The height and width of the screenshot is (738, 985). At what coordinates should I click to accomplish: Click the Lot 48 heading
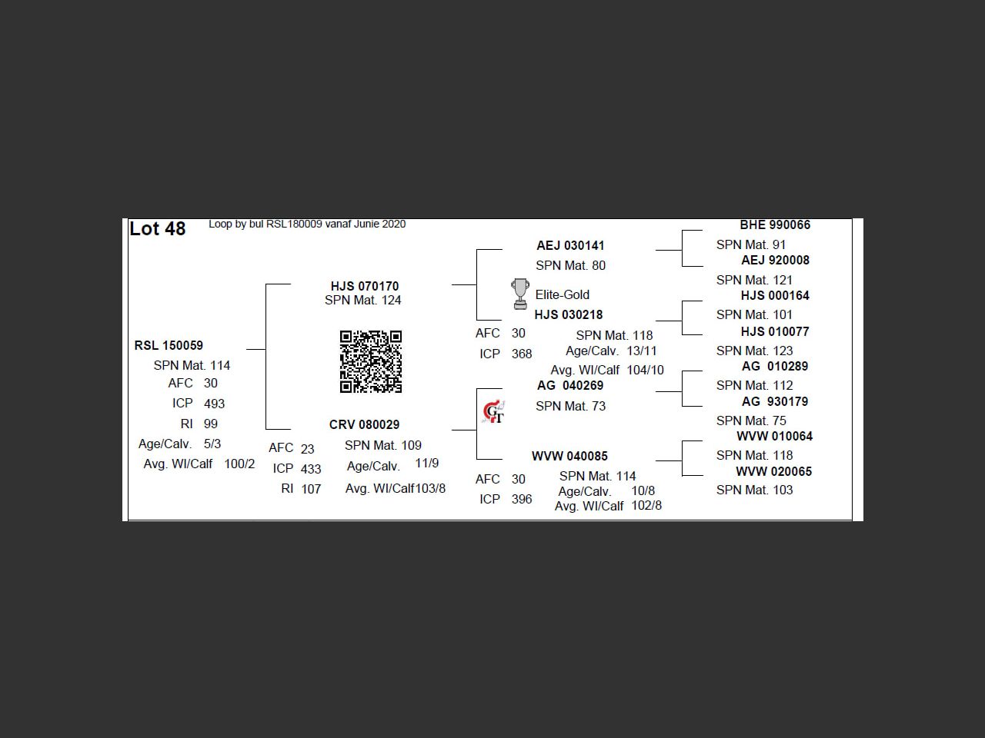click(x=158, y=229)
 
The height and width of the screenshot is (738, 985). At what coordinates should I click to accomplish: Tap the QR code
click(x=371, y=361)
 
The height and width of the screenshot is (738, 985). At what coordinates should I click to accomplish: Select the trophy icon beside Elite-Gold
click(x=520, y=294)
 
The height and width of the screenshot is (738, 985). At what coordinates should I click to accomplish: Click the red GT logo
click(x=493, y=411)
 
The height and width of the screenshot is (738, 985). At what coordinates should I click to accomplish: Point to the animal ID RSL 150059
click(x=169, y=345)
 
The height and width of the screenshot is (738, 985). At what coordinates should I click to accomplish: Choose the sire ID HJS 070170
click(x=365, y=286)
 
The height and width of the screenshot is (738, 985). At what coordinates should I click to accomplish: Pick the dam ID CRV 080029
click(x=365, y=424)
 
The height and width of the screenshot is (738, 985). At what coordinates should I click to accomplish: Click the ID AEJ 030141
click(x=570, y=245)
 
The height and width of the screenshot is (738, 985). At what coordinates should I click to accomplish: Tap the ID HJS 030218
click(x=569, y=315)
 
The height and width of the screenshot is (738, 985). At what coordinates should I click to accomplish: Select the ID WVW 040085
click(x=569, y=456)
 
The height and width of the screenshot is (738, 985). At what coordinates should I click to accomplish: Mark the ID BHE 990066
click(x=775, y=225)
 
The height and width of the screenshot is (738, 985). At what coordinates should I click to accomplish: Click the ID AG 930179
click(x=775, y=401)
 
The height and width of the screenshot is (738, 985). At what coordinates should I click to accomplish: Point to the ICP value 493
click(x=214, y=404)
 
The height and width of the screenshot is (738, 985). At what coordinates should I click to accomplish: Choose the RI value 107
click(x=311, y=489)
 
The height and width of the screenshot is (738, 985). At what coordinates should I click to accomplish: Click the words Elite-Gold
click(x=563, y=295)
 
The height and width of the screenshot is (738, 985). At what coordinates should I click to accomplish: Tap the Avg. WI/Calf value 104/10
click(x=646, y=370)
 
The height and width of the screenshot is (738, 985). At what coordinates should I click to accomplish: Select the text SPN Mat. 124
click(x=363, y=301)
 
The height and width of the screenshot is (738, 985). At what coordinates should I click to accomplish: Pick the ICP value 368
click(x=522, y=354)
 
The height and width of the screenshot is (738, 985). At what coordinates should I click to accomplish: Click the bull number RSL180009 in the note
click(x=295, y=224)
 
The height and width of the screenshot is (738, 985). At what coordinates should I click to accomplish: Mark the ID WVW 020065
click(x=774, y=471)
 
